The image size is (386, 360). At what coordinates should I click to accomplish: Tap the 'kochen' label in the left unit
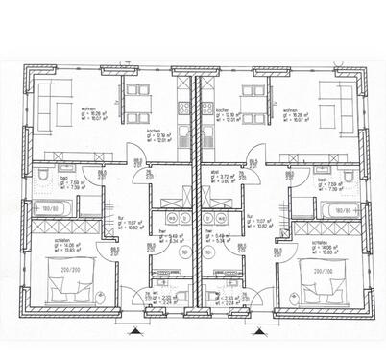pyautogui.click(x=153, y=131)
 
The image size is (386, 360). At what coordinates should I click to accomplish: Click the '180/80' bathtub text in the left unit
pyautogui.click(x=48, y=207)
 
